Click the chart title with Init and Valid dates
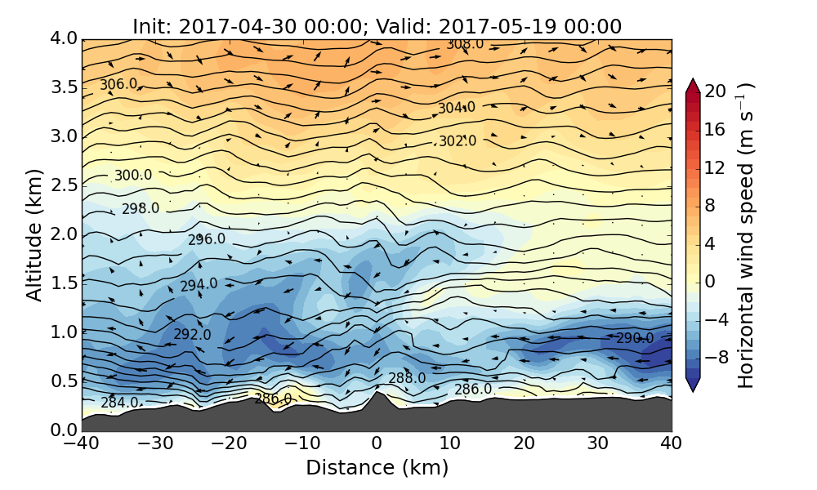[x=377, y=26]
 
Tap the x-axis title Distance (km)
[x=377, y=468]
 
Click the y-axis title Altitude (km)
[x=33, y=235]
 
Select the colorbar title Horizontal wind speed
[x=745, y=235]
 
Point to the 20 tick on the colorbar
[x=716, y=91]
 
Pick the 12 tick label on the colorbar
[x=716, y=167]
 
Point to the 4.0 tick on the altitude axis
[x=59, y=38]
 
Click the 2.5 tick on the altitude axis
[x=59, y=185]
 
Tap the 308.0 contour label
[x=465, y=44]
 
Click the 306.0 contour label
[x=118, y=85]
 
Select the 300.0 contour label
[x=133, y=176]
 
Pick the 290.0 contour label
[x=635, y=338]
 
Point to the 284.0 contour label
[x=119, y=403]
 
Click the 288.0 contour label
[x=407, y=378]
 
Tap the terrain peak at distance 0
[x=376, y=393]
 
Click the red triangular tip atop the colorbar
[x=692, y=84]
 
